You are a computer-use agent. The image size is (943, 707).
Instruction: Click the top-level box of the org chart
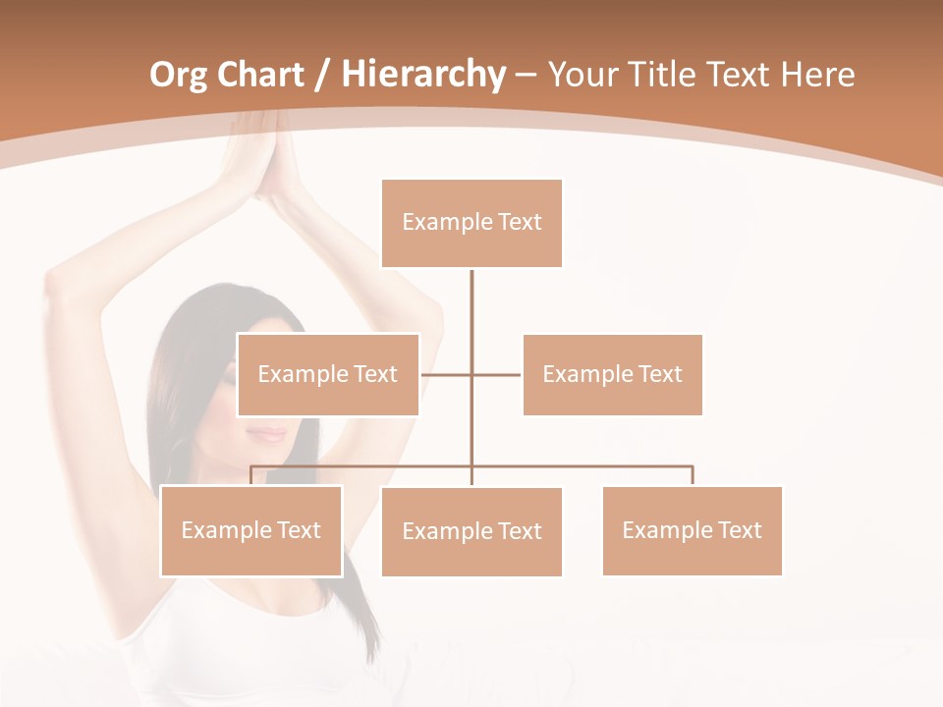pos(471,223)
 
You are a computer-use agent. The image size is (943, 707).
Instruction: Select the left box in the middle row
pos(328,374)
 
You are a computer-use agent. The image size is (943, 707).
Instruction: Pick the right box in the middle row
pos(612,374)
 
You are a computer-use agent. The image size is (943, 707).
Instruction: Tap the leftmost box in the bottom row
pos(251,530)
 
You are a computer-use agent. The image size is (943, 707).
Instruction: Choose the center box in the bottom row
pos(471,531)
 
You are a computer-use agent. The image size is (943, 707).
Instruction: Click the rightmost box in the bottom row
pos(692,530)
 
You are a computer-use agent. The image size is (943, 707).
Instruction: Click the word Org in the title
pos(177,75)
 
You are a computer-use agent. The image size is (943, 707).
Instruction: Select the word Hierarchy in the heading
pos(422,75)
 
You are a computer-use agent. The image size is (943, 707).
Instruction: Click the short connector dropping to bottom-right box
pos(693,475)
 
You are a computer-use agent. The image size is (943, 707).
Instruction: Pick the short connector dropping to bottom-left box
pos(251,475)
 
